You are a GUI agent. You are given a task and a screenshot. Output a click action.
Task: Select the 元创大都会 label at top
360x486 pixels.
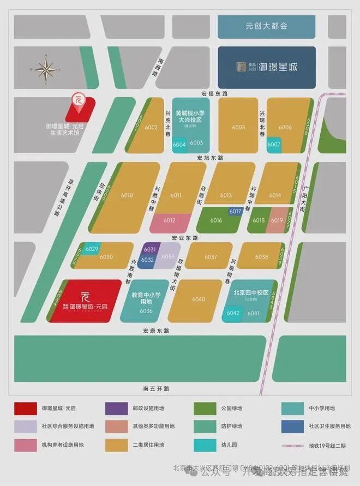266,26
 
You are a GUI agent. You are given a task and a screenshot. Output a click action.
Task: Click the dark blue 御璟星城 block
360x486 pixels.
267,67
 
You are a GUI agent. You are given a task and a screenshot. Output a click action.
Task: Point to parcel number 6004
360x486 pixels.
179,145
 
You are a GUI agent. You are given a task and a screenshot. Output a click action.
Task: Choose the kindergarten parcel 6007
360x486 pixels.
274,144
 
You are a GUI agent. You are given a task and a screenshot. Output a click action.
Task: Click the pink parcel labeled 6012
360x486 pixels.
169,221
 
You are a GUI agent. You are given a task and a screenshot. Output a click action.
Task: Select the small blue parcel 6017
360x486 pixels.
235,212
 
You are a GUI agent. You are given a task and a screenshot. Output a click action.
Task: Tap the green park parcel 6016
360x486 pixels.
216,220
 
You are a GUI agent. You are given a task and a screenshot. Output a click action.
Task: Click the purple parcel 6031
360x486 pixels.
149,249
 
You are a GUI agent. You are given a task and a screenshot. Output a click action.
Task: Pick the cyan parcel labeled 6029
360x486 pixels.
92,249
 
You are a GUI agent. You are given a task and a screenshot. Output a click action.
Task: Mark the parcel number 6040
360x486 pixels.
199,299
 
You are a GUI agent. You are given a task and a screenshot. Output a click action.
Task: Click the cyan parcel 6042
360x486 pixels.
233,313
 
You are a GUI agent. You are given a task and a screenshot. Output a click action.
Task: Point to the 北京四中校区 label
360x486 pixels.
251,292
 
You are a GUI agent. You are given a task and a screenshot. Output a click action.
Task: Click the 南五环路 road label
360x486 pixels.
157,389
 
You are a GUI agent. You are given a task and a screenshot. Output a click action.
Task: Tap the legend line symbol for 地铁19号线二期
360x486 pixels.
294,445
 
